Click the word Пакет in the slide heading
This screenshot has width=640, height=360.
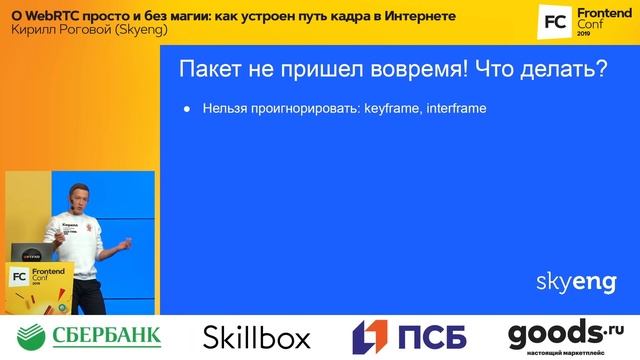208,70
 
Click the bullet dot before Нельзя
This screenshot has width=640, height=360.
187,108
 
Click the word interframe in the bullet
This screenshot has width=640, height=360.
456,107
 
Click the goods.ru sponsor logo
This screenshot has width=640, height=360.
565,335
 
